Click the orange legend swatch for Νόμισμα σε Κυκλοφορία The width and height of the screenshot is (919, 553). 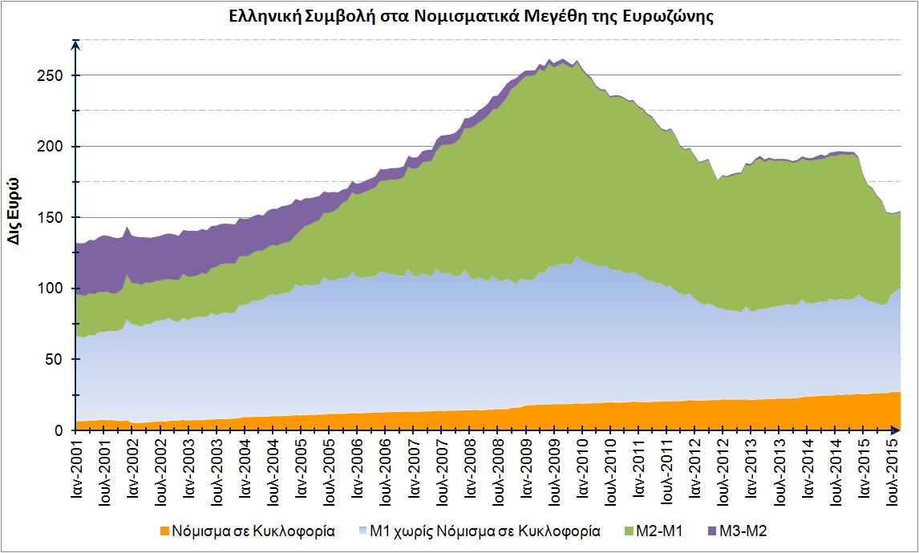(164, 531)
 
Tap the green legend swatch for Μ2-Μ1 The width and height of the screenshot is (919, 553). (628, 531)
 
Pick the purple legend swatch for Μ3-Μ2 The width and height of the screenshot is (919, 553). (712, 531)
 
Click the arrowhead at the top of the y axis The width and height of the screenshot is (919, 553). (75, 44)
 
